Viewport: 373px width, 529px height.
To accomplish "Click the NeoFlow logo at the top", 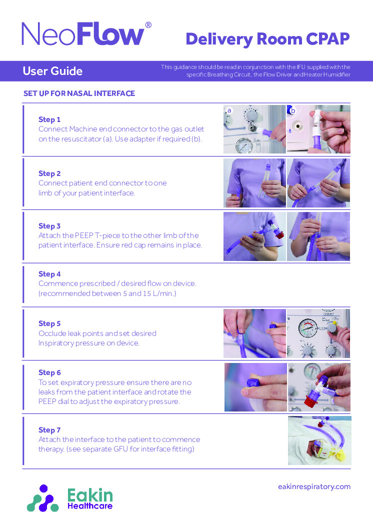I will point(83,35).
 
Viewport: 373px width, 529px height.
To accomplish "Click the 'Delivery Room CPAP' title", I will point(267,38).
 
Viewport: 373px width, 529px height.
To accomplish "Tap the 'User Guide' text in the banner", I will point(52,71).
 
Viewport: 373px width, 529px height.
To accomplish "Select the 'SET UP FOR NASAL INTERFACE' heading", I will point(79,93).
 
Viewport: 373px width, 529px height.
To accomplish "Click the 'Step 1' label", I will point(49,119).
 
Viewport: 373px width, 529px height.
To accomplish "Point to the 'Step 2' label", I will point(49,173).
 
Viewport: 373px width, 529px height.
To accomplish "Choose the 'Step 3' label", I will point(49,226).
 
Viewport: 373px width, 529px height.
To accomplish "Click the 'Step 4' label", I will point(49,274).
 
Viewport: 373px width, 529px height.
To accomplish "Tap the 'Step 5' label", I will point(49,323).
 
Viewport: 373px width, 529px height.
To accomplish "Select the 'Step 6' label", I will point(49,372).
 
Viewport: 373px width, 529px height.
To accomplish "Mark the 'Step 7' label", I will point(49,430).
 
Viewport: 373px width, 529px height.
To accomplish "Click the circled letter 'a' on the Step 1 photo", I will point(229,110).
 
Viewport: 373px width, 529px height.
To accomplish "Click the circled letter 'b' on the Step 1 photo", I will point(293,110).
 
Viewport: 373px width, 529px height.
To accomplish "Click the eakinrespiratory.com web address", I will point(314,486).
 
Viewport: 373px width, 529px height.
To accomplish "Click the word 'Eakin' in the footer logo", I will point(90,495).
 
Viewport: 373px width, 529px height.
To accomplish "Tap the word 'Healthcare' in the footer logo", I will point(90,506).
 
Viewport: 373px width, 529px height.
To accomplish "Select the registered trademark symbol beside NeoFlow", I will point(148,25).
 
